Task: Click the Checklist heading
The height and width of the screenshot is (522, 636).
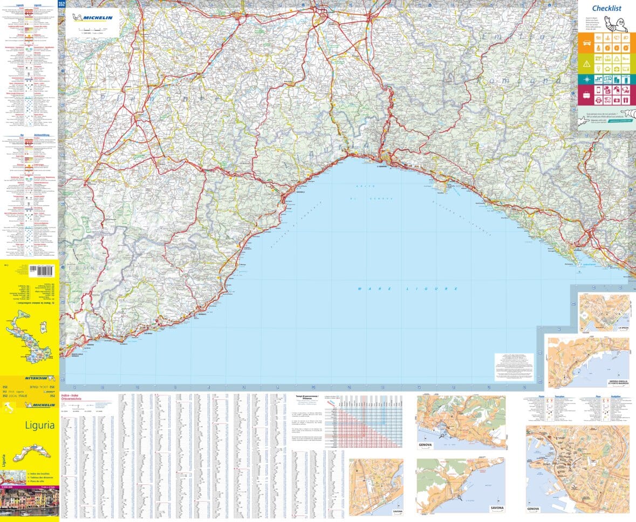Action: click(x=607, y=8)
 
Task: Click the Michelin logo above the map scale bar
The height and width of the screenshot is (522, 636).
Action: click(x=97, y=18)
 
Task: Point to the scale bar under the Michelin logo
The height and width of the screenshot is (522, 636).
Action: click(x=90, y=29)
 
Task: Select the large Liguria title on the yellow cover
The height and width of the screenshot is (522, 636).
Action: click(x=39, y=425)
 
